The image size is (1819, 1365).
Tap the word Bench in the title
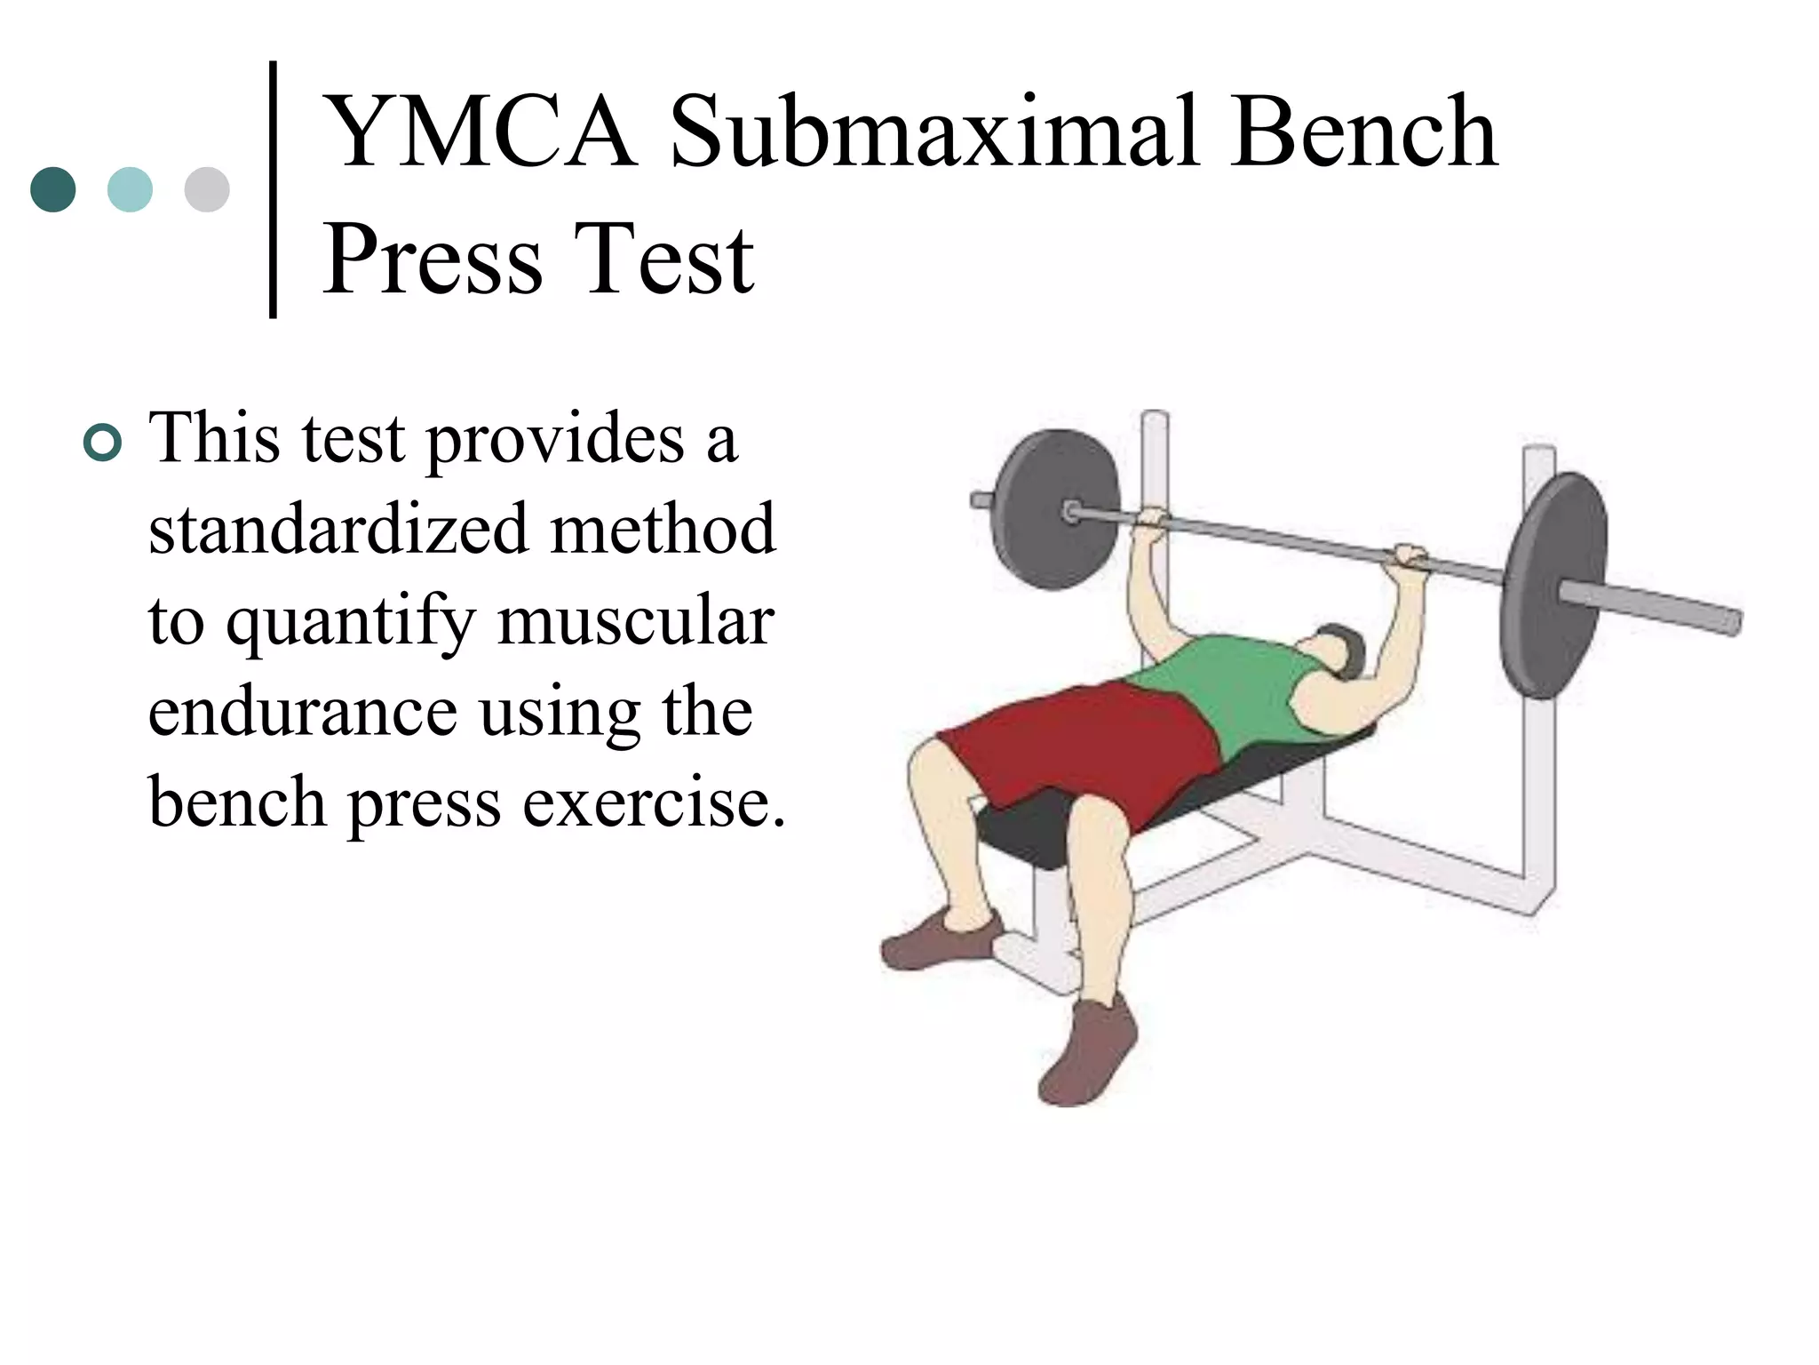(1364, 133)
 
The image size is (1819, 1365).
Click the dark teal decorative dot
(53, 189)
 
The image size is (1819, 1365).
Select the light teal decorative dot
(130, 189)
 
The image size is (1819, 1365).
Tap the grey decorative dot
(207, 189)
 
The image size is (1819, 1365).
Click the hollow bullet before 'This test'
(102, 443)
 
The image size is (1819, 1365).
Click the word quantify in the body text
(351, 622)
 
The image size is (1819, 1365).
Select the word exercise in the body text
(653, 802)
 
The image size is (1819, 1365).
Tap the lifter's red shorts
(1084, 746)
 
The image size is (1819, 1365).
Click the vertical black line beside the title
(273, 188)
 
